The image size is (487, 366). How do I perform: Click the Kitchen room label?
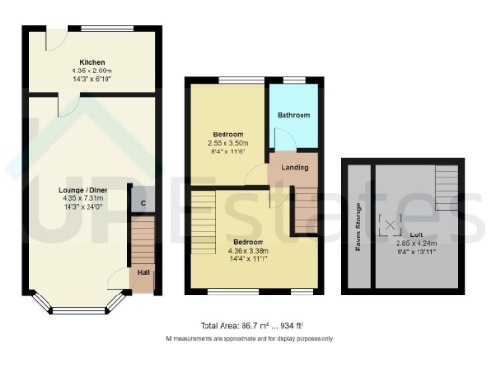91,60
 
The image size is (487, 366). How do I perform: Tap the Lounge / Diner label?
78,190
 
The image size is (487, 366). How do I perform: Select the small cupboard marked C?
142,202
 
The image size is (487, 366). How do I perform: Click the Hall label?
143,273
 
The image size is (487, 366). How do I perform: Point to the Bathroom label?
293,115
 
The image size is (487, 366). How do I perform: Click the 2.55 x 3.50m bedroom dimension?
227,143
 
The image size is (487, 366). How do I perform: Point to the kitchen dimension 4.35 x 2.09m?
91,71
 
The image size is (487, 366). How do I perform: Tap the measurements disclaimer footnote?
248,338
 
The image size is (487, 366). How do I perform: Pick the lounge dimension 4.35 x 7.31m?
78,199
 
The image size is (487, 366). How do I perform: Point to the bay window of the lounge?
79,305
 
